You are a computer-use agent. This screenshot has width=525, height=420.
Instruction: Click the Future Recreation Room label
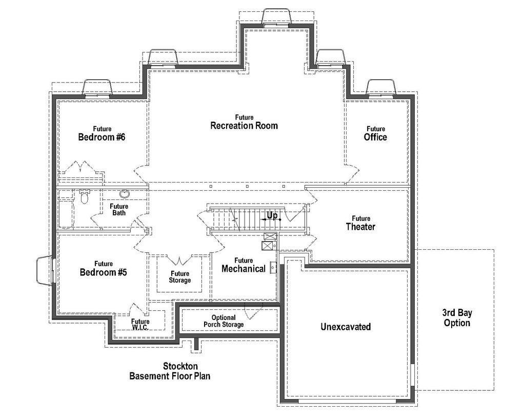tap(244, 123)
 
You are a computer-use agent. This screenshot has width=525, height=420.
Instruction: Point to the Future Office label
tap(375, 134)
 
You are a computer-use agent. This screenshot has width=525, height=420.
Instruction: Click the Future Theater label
tap(360, 224)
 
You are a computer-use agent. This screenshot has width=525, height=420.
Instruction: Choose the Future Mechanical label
tap(244, 265)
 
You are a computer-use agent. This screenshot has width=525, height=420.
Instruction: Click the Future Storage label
tap(180, 277)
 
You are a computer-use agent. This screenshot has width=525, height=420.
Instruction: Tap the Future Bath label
tap(119, 209)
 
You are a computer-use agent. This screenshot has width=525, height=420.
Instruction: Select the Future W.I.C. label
tap(140, 324)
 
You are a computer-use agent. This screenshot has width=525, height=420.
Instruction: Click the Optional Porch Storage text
tap(224, 321)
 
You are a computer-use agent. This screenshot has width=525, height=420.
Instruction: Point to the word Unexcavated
tap(346, 327)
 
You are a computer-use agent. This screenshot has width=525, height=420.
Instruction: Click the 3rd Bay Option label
tap(456, 318)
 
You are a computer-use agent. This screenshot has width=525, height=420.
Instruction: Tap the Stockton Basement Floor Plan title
tap(169, 371)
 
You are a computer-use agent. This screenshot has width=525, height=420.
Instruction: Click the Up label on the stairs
tap(272, 216)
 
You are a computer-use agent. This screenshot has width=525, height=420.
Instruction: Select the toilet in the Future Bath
tap(85, 196)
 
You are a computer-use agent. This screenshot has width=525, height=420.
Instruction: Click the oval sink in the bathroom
tap(125, 194)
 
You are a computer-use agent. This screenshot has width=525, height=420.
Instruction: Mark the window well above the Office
tap(381, 88)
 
